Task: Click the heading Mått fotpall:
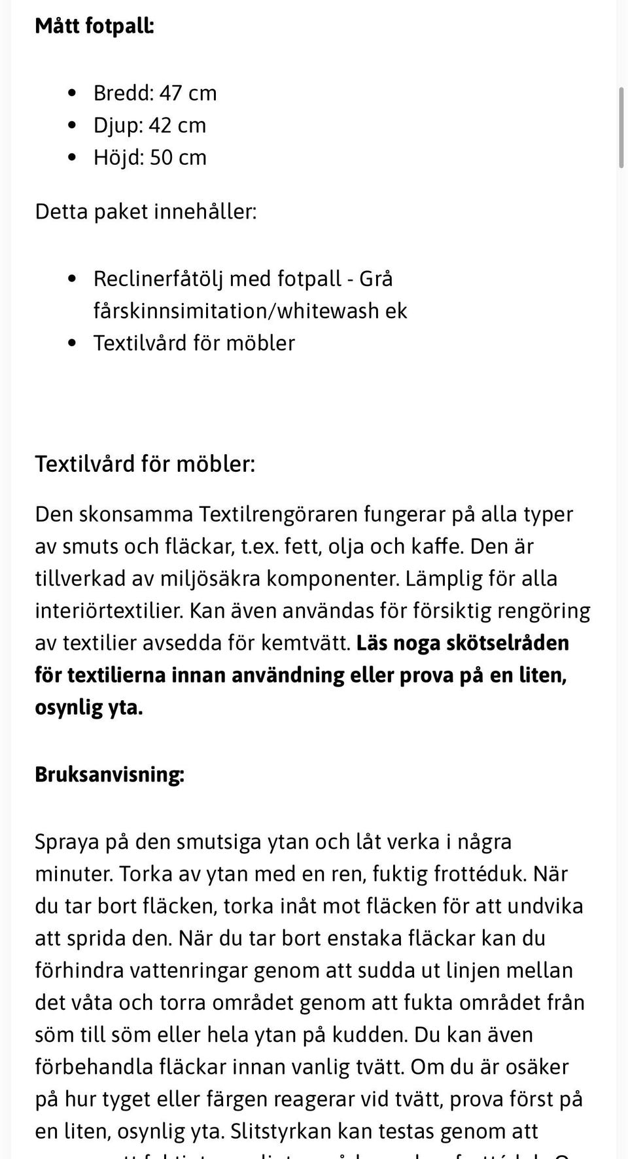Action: [x=94, y=26]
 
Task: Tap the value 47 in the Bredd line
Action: [x=170, y=93]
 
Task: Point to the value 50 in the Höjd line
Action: [x=161, y=157]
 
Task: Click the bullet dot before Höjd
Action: [x=73, y=157]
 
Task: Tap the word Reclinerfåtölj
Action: [x=158, y=279]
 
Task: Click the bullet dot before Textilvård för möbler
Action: [x=73, y=343]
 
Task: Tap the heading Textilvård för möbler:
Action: [x=145, y=463]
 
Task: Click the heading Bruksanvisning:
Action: [x=109, y=774]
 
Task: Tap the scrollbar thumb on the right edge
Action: [x=621, y=128]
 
